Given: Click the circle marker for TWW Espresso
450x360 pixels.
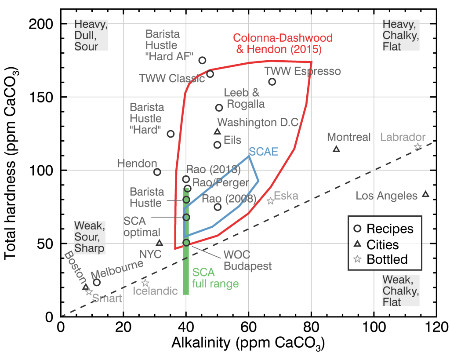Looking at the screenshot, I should tap(272, 82).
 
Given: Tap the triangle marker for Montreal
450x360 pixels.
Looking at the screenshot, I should tap(337, 149).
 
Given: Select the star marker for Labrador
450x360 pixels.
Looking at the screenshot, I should tap(418, 147).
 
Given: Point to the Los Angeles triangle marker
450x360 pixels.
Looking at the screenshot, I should tap(425, 194).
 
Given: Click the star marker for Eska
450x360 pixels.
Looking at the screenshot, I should tap(271, 201).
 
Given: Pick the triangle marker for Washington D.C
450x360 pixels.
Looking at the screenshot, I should tap(217, 131).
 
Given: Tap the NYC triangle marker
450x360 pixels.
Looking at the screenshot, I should tap(160, 243).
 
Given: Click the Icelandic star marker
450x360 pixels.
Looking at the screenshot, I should tap(145, 283).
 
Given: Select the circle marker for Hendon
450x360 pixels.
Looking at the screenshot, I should tap(157, 172).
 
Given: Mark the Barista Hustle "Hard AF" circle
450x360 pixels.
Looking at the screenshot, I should tap(203, 60).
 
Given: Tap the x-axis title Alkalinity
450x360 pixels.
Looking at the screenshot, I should tap(249, 344).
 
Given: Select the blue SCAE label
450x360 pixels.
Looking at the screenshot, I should tap(263, 152).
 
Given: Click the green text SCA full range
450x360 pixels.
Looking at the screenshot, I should tap(215, 278).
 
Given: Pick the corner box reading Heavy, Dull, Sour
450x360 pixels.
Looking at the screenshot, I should tap(90, 35).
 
